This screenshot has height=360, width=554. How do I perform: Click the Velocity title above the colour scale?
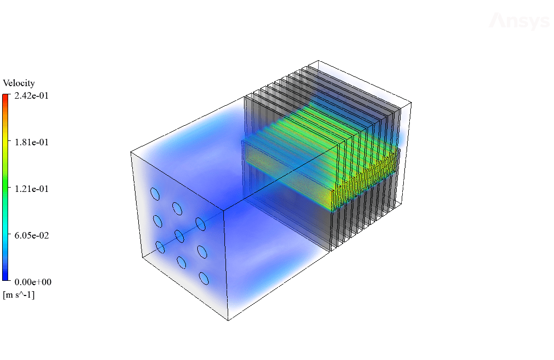(19, 83)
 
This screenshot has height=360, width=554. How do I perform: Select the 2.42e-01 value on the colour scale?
(31, 96)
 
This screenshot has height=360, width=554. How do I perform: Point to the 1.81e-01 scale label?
(31, 143)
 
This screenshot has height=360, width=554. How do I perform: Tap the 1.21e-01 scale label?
(31, 189)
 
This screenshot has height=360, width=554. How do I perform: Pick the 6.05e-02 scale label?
(31, 236)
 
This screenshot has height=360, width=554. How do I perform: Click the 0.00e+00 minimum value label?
(33, 282)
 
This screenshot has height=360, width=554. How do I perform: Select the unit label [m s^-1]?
(19, 295)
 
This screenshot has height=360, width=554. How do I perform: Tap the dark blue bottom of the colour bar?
(5, 278)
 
